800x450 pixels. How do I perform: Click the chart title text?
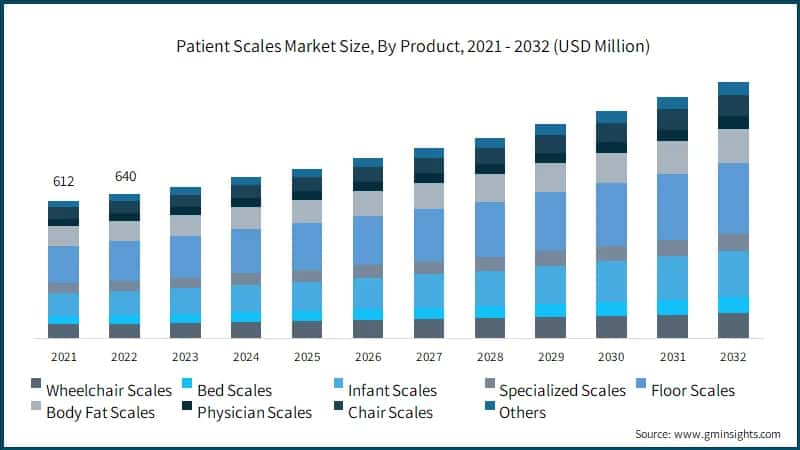[x=400, y=46]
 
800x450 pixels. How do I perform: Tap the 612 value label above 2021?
[x=64, y=181]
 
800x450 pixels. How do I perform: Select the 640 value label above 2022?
[x=125, y=176]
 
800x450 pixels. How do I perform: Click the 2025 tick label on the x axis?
[x=307, y=356]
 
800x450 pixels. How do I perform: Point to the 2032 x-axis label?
[x=733, y=356]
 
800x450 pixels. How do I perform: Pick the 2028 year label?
[x=490, y=356]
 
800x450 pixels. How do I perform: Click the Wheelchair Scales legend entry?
[x=101, y=390]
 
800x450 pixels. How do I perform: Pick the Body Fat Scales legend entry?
[x=100, y=412]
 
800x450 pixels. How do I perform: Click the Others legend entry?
[x=521, y=412]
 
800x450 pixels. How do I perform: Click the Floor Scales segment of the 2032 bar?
[x=733, y=198]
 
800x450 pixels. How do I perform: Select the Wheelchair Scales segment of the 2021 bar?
[x=64, y=331]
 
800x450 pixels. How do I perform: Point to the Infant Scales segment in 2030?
[x=611, y=281]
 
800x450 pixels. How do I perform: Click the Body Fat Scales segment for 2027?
[x=429, y=196]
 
